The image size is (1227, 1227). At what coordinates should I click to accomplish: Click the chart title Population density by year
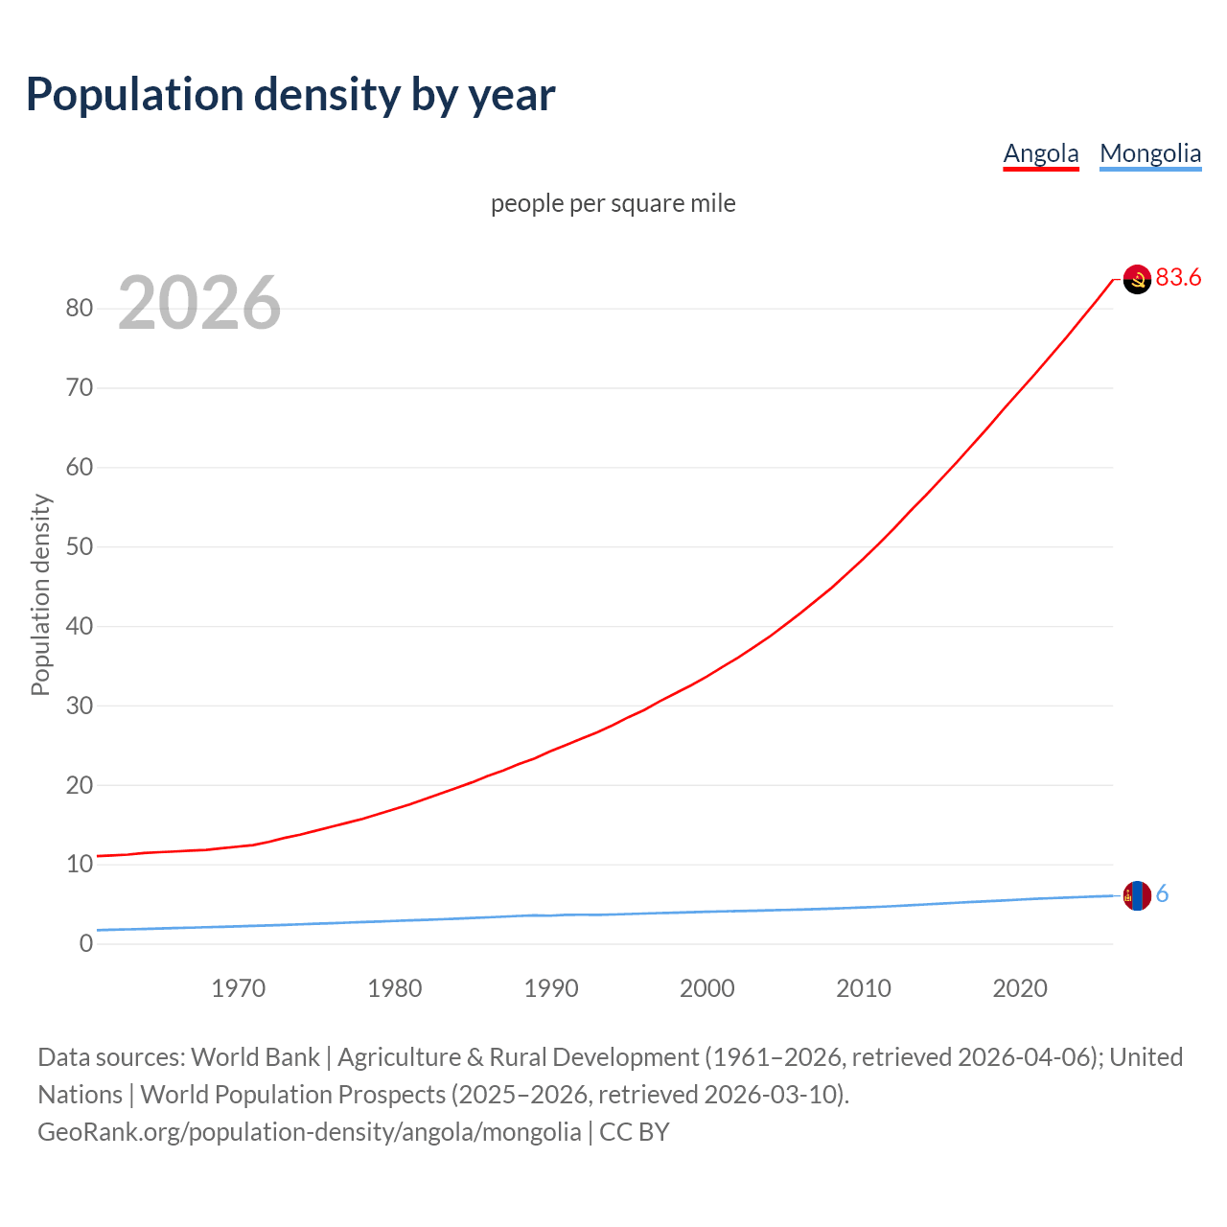(290, 95)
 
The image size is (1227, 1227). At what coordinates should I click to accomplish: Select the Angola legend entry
(1041, 153)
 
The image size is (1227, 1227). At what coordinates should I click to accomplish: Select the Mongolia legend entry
(1150, 153)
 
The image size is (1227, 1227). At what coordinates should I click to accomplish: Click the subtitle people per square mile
(613, 203)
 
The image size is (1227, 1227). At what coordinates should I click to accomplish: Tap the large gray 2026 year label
(199, 303)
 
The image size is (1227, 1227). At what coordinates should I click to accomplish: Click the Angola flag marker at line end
(1137, 279)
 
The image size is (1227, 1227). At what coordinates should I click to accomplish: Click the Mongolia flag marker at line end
(1137, 895)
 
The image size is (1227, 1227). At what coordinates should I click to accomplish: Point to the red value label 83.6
(1178, 277)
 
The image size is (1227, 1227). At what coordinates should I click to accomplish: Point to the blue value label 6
(1162, 894)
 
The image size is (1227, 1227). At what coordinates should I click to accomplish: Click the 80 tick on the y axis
(80, 309)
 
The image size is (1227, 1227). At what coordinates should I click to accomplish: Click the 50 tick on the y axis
(80, 547)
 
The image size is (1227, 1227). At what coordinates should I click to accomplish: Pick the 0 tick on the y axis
(86, 944)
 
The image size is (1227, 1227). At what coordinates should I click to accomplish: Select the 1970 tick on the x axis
(238, 988)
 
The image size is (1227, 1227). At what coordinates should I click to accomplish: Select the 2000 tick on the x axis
(707, 988)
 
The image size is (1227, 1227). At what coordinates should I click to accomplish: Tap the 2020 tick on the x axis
(1020, 988)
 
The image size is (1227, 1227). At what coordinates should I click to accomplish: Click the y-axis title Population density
(40, 594)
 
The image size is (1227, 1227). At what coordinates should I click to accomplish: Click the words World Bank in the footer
(255, 1057)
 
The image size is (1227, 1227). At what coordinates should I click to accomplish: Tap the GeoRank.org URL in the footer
(309, 1132)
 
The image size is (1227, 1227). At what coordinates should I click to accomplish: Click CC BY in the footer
(634, 1132)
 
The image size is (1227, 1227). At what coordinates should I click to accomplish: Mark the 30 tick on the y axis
(80, 706)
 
